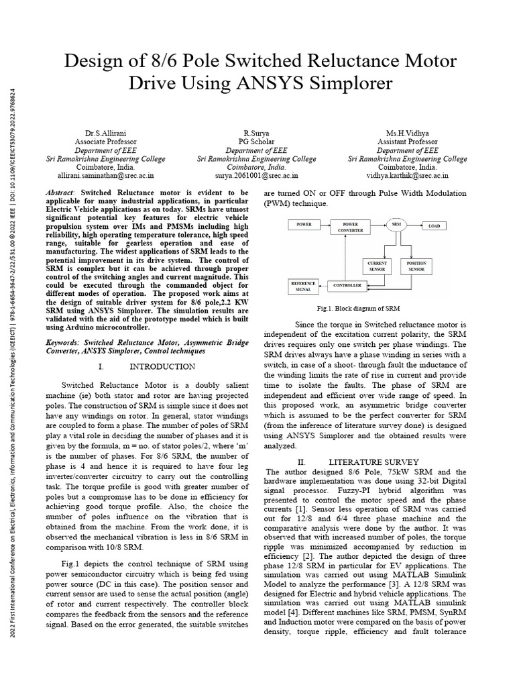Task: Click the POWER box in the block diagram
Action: (x=305, y=225)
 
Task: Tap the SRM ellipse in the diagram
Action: (x=396, y=225)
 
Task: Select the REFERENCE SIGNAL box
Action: (x=302, y=286)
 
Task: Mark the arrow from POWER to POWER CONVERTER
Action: (x=326, y=225)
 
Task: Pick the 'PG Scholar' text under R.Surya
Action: (x=256, y=142)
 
